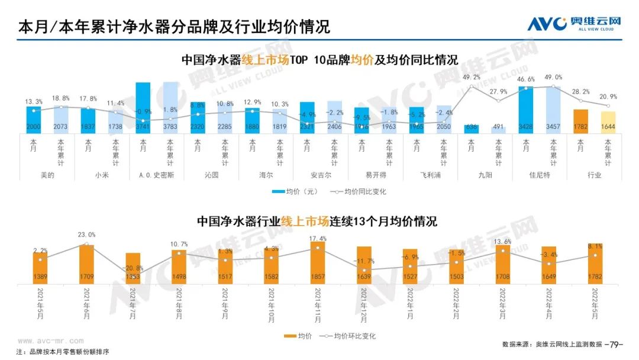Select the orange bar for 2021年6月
click(x=86, y=263)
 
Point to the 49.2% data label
click(x=472, y=78)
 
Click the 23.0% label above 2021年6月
click(x=86, y=234)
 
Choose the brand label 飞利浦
click(x=430, y=175)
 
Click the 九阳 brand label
click(x=485, y=175)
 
